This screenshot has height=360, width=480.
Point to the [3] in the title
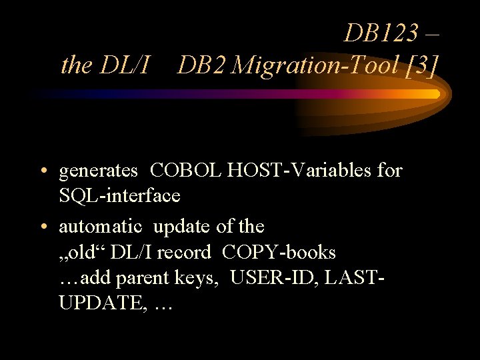click(x=421, y=65)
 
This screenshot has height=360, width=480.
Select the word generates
click(x=98, y=171)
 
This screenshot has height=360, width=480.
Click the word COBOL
click(x=186, y=171)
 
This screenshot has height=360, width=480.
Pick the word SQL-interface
click(x=119, y=196)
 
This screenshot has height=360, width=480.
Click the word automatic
click(x=100, y=227)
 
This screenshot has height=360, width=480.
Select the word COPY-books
click(x=279, y=253)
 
